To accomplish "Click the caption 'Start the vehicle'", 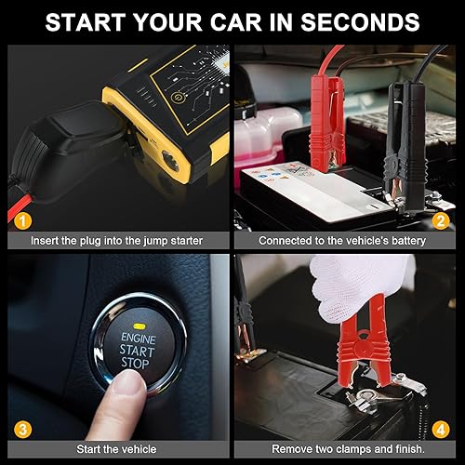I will click(x=115, y=448).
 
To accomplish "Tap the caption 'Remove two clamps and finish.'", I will click(x=346, y=448).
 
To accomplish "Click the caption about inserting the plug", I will click(x=115, y=240).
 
